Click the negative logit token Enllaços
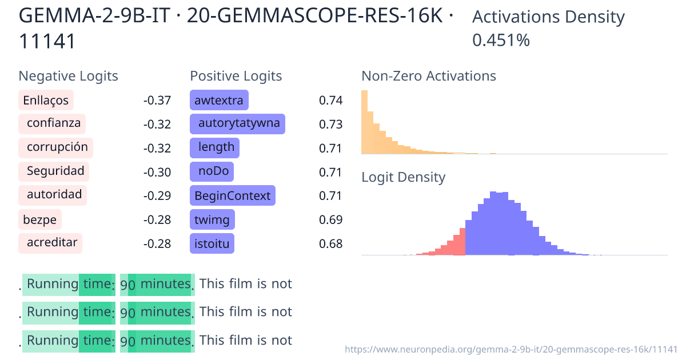[46, 101]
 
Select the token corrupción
[56, 147]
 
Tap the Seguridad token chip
[54, 171]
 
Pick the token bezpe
[40, 219]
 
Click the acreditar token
[51, 243]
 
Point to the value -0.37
[157, 101]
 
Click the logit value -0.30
[157, 172]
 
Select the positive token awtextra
[219, 101]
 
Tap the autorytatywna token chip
[238, 124]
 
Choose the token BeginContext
[232, 195]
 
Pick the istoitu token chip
[212, 244]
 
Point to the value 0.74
[330, 101]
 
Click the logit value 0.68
[330, 244]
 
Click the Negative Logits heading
[69, 76]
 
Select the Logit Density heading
[403, 177]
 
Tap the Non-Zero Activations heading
[429, 76]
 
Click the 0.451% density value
[501, 40]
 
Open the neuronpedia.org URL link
[511, 349]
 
